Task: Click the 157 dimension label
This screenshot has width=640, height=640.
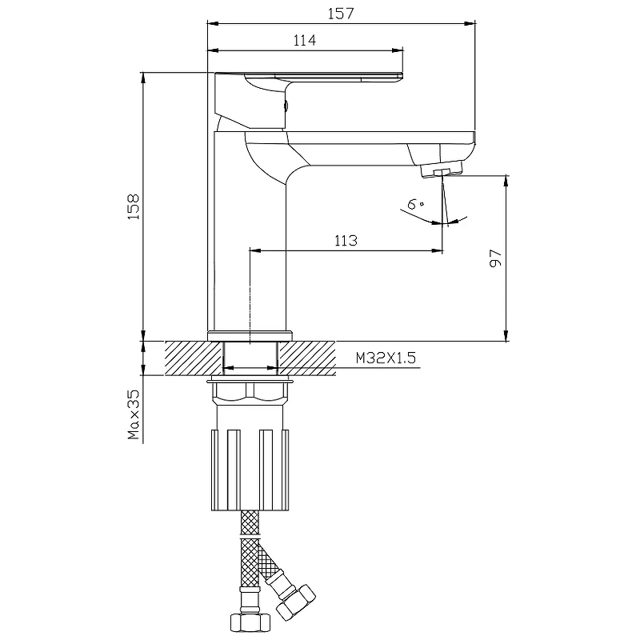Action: (x=341, y=14)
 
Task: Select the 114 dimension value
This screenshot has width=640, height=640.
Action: (x=305, y=41)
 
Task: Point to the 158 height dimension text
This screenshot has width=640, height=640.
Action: (x=134, y=207)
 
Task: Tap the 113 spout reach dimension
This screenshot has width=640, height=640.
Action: (x=346, y=241)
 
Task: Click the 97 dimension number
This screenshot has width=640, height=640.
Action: (x=495, y=258)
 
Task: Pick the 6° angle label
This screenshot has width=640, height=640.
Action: (x=415, y=203)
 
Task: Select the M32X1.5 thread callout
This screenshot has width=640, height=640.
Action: (x=386, y=358)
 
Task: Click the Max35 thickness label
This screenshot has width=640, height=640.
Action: (x=134, y=414)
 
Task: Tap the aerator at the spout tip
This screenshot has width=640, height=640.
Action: (x=442, y=169)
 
